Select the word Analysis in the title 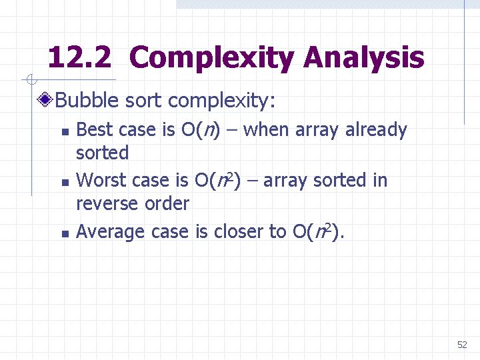point(363,58)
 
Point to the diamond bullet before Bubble point(46,101)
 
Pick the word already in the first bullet point(376,130)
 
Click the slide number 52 point(462,345)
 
